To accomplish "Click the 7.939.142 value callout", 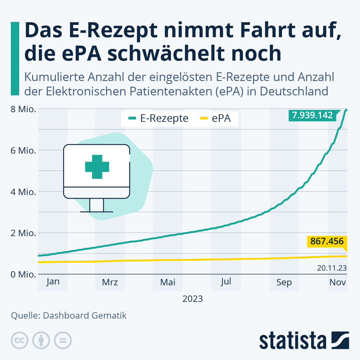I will [x=313, y=115].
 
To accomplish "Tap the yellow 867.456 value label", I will [x=327, y=241].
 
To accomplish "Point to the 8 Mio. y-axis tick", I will [x=23, y=109].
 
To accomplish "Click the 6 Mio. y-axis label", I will [x=23, y=151].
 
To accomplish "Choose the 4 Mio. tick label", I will [x=23, y=192].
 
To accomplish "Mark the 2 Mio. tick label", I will [x=23, y=233].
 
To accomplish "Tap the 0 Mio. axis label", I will [x=23, y=274].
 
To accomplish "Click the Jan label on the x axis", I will [x=53, y=282].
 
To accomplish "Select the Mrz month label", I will [x=110, y=282].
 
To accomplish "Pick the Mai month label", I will [x=168, y=282].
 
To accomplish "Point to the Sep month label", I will [x=284, y=282].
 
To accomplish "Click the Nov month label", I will [x=337, y=282].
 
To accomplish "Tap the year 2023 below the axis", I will [x=193, y=299].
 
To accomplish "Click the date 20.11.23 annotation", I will [x=332, y=268].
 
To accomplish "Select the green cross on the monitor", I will [x=97, y=167].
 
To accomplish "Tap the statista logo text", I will [x=292, y=341].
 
